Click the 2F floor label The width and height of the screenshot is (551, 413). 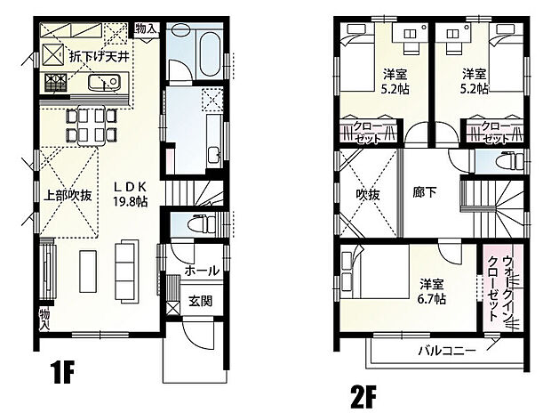tap(363, 397)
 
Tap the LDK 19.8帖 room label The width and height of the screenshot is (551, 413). tap(130, 194)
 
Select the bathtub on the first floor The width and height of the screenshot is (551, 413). tap(210, 53)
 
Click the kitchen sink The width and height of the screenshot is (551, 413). tap(104, 83)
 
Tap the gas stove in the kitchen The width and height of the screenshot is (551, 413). tap(55, 83)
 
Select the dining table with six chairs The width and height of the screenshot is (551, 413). tap(92, 125)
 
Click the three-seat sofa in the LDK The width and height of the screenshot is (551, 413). tap(125, 271)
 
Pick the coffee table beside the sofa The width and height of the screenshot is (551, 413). tap(88, 271)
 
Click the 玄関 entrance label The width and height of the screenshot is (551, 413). tap(200, 302)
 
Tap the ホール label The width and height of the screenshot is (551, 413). tap(202, 271)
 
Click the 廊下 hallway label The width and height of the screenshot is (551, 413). tap(425, 192)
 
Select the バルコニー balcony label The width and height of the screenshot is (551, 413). tap(447, 351)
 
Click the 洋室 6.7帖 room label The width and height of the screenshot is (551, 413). tap(432, 292)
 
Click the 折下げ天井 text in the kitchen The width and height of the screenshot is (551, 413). tap(100, 56)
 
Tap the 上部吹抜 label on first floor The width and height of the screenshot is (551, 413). tap(68, 195)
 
